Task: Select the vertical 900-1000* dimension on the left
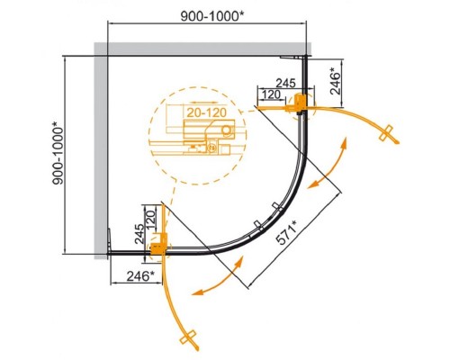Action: coord(58,153)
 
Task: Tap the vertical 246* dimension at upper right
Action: coord(336,81)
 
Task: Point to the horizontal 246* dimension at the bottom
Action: coord(140,276)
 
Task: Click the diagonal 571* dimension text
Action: coord(286,232)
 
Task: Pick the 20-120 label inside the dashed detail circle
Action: coord(207,112)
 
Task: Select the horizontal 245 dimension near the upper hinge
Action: coord(285,83)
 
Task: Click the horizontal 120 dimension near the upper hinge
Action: coord(271,94)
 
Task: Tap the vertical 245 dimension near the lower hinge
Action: coord(139,234)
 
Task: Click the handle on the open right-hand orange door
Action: coord(386,132)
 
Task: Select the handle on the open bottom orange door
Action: coord(188,337)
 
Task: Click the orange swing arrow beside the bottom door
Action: coord(218,277)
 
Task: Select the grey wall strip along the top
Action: coord(202,49)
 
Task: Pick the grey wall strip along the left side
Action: coord(101,150)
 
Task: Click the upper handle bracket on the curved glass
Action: coord(276,207)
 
